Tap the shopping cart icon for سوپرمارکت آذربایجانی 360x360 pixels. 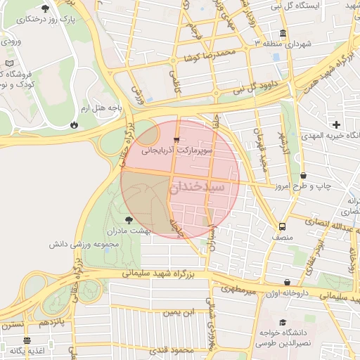pos(176,139)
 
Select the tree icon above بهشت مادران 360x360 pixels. pos(127,220)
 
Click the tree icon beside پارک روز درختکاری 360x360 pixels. pos(46,9)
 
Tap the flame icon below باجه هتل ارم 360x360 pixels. pos(74,124)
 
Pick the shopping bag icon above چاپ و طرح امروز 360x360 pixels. pos(303,176)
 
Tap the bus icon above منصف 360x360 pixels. pos(283,226)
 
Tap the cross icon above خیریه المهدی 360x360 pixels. pos(337,124)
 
